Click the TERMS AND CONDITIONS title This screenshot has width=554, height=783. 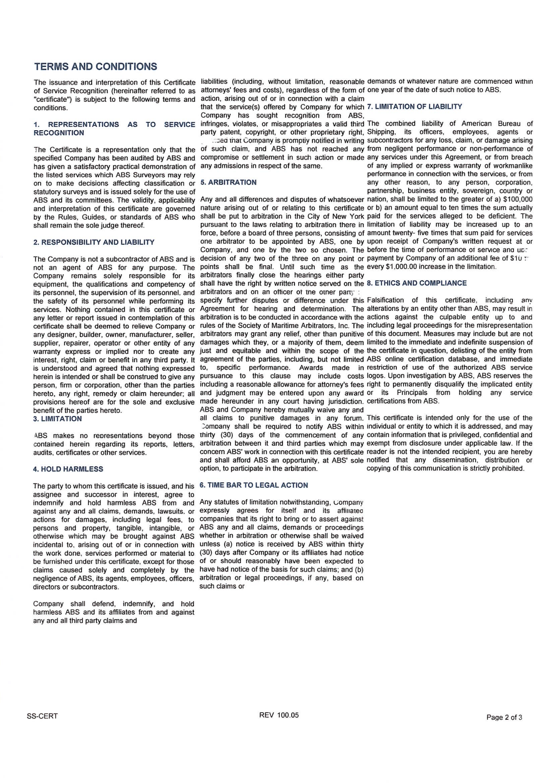click(96, 67)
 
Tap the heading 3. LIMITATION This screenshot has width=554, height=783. click(58, 419)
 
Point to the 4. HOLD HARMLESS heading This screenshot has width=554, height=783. click(68, 469)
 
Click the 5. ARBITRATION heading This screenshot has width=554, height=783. click(228, 182)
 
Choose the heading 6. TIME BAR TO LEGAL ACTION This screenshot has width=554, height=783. click(254, 485)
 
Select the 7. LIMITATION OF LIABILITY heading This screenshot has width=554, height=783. click(414, 106)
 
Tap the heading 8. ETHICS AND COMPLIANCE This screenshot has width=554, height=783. click(417, 283)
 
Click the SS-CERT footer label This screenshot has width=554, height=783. click(42, 716)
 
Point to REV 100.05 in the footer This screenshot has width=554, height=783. click(279, 715)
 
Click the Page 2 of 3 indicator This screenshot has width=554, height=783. click(504, 717)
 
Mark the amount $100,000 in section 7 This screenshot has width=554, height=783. click(515, 199)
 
